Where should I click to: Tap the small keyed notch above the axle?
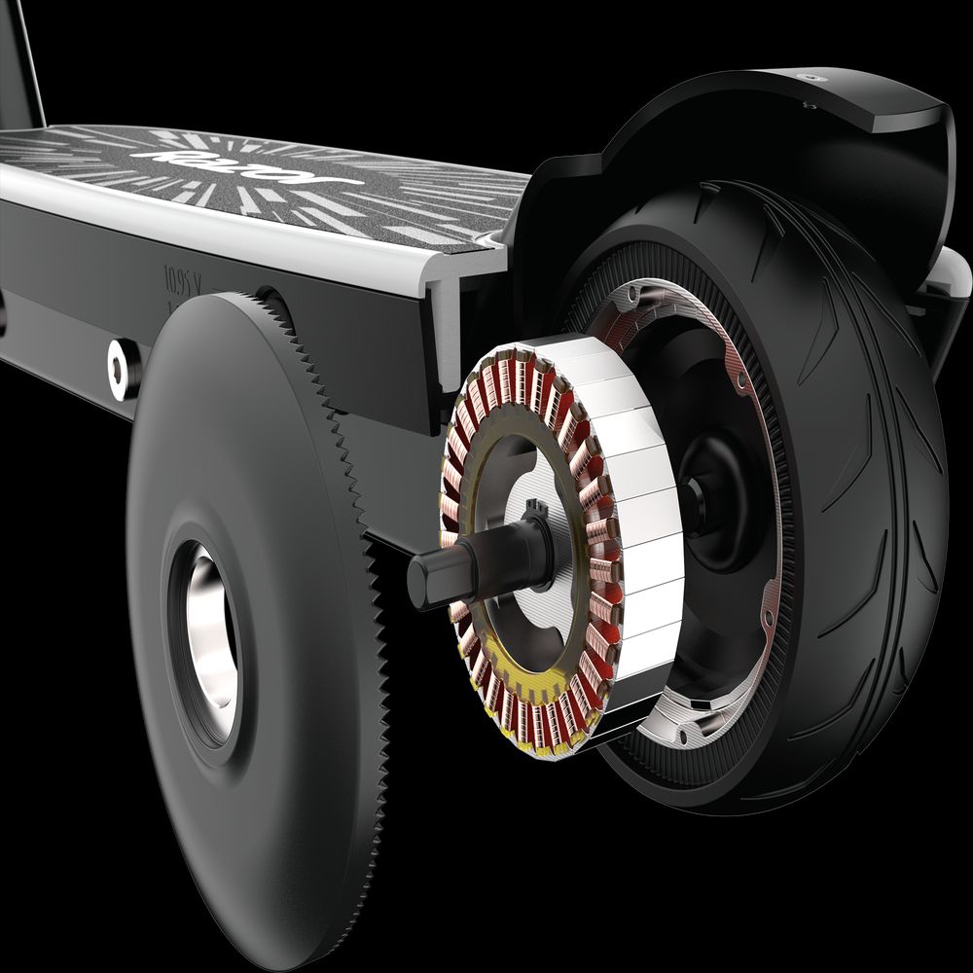click(x=533, y=507)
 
